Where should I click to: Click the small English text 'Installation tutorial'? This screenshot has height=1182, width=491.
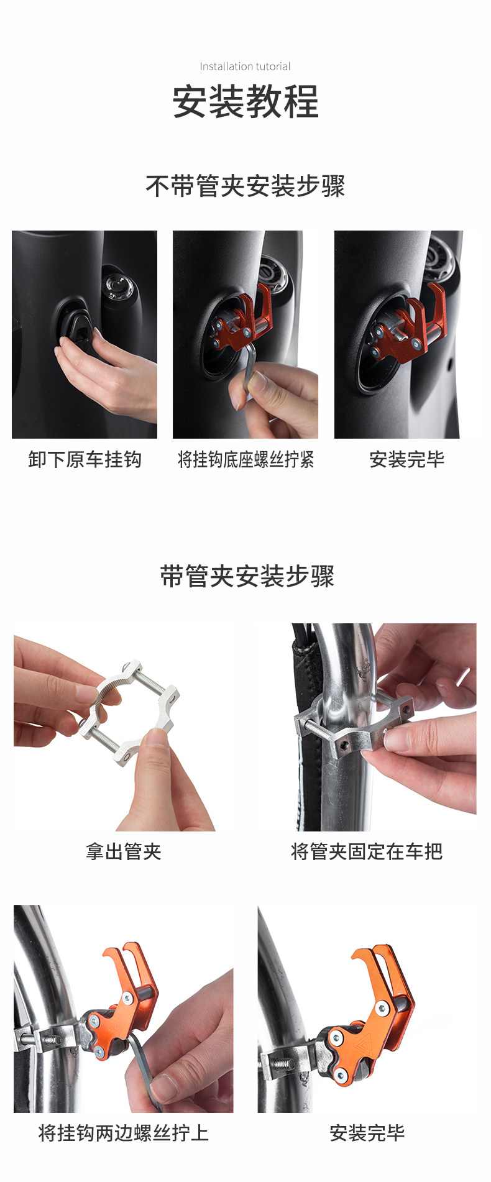pos(245,66)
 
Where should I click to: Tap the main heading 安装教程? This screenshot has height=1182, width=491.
pos(245,101)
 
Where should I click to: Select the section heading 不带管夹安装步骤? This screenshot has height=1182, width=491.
pos(245,186)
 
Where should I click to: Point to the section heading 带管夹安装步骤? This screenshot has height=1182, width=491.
pos(247,576)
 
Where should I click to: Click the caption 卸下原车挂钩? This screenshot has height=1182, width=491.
pos(85,459)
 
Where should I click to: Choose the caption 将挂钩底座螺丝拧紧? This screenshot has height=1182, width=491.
pos(245,459)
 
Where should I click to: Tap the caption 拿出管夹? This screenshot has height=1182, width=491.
pos(123,851)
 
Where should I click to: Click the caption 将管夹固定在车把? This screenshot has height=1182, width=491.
pos(367,851)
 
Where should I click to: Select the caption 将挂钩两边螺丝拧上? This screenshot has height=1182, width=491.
pos(123,1132)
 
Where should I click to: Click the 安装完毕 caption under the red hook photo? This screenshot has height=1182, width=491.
pos(407,459)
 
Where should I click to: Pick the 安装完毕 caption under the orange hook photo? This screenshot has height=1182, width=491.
pos(367,1132)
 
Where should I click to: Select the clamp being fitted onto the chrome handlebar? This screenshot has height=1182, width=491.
pos(352,727)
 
